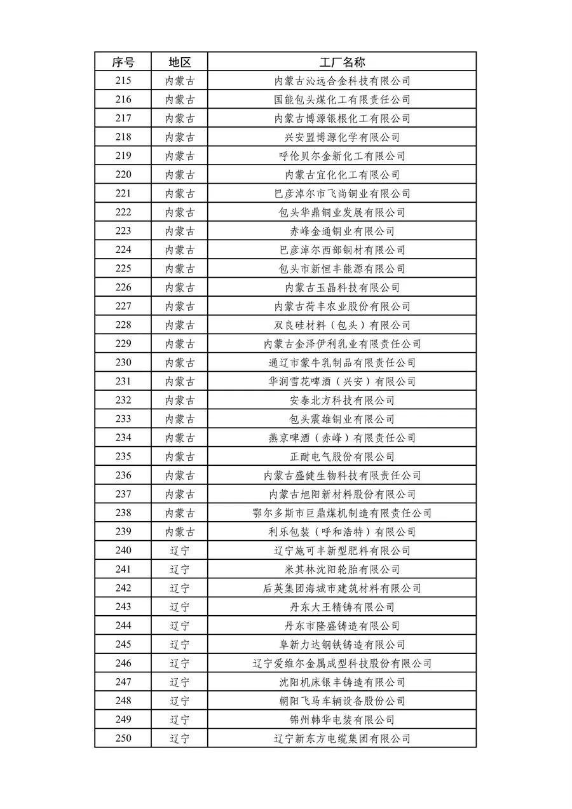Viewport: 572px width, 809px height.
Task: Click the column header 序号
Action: (123, 62)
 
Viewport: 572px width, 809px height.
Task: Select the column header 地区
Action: (179, 62)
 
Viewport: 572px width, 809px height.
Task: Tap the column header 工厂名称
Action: (342, 62)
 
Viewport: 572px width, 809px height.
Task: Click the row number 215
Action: (123, 81)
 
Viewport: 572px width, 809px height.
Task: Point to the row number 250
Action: (123, 738)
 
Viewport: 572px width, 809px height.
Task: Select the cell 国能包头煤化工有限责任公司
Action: (342, 100)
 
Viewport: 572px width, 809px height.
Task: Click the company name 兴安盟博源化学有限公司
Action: (342, 137)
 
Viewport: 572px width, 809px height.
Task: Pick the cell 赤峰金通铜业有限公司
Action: (342, 231)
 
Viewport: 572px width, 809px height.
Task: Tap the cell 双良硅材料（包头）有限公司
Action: (342, 325)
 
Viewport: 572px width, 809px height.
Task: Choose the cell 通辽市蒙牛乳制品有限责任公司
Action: (342, 363)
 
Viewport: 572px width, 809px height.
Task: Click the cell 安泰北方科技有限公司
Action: (342, 400)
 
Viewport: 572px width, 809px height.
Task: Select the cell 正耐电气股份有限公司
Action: (342, 457)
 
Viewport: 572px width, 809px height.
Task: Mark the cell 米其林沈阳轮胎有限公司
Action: (342, 569)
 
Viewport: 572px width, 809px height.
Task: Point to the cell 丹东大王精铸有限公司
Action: (342, 607)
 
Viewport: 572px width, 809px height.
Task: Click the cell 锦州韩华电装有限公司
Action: (342, 720)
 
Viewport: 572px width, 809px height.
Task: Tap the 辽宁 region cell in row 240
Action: (179, 551)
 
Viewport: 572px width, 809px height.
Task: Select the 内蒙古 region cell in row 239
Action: (179, 532)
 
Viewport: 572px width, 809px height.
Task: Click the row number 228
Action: (123, 325)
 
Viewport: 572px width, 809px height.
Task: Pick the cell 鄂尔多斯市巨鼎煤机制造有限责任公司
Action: (342, 513)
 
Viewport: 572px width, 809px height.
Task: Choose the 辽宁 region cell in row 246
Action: (179, 663)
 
